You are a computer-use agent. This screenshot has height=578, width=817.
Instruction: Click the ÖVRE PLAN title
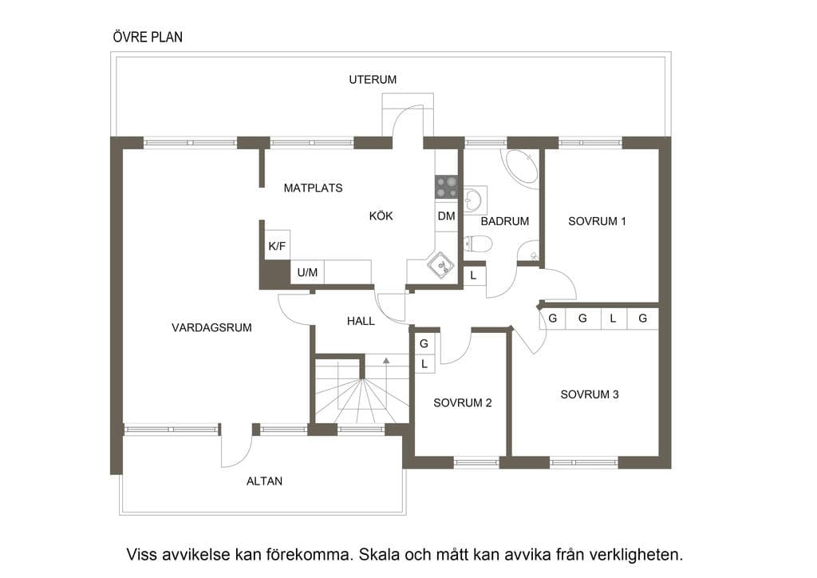click(148, 37)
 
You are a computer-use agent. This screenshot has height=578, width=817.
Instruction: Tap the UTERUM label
click(373, 80)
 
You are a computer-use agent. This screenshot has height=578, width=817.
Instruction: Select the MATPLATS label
click(313, 188)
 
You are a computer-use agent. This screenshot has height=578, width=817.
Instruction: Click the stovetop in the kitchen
click(446, 187)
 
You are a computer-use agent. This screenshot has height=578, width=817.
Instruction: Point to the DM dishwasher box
click(446, 216)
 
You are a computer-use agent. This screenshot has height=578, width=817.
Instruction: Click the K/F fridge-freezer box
click(277, 246)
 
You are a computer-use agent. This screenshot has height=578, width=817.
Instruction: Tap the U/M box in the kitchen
click(307, 272)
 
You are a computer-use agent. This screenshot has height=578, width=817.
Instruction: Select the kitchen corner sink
click(440, 265)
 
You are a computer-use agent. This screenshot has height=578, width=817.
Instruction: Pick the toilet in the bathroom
click(478, 244)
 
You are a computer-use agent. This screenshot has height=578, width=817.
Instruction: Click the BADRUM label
click(504, 221)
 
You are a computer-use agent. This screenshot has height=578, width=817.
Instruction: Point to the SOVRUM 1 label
click(597, 221)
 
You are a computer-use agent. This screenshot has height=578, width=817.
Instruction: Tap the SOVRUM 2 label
click(462, 403)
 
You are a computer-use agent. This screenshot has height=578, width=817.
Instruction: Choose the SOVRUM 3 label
click(590, 394)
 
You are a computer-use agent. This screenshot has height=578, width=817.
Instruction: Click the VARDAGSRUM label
click(211, 328)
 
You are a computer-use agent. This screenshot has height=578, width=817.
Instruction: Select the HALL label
click(361, 322)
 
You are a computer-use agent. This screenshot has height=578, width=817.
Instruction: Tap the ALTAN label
click(264, 481)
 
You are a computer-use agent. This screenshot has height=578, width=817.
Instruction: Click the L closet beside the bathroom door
click(474, 275)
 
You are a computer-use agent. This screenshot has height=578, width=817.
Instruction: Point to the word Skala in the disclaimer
click(381, 555)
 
